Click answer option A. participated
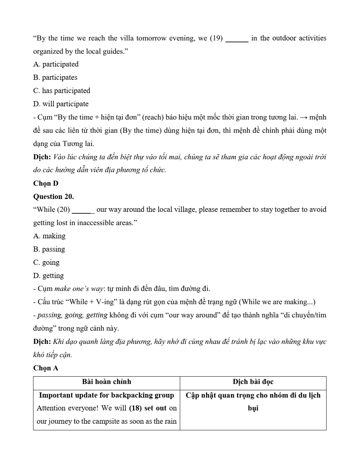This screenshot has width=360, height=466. tap(56, 64)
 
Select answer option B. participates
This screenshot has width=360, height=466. tap(55, 78)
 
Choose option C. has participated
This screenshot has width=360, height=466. tap(61, 91)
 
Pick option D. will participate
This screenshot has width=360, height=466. tap(61, 104)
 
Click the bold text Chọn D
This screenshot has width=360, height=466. tap(46, 184)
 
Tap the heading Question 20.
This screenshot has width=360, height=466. tap(53, 196)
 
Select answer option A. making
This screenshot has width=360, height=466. tap(49, 236)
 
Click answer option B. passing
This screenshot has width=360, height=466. tap(49, 249)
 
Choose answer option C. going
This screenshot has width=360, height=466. tap(46, 263)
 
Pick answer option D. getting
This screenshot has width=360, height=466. tap(49, 276)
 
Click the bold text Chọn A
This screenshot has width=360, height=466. tap(46, 368)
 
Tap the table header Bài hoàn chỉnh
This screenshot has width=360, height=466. tap(107, 382)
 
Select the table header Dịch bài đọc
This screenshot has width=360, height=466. tap(253, 382)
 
